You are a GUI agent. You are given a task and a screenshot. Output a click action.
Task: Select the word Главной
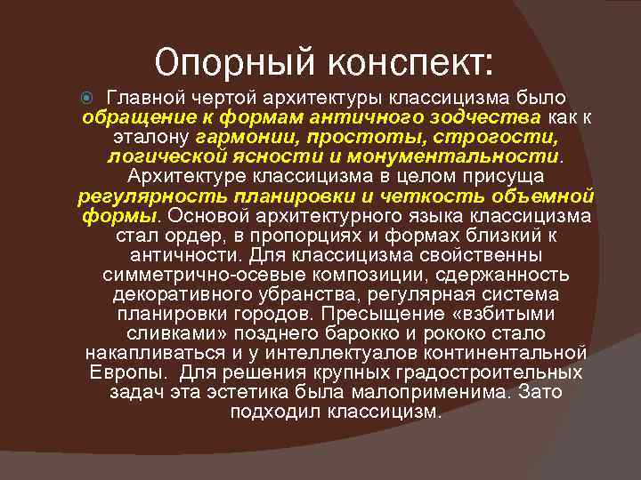click(x=145, y=97)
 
